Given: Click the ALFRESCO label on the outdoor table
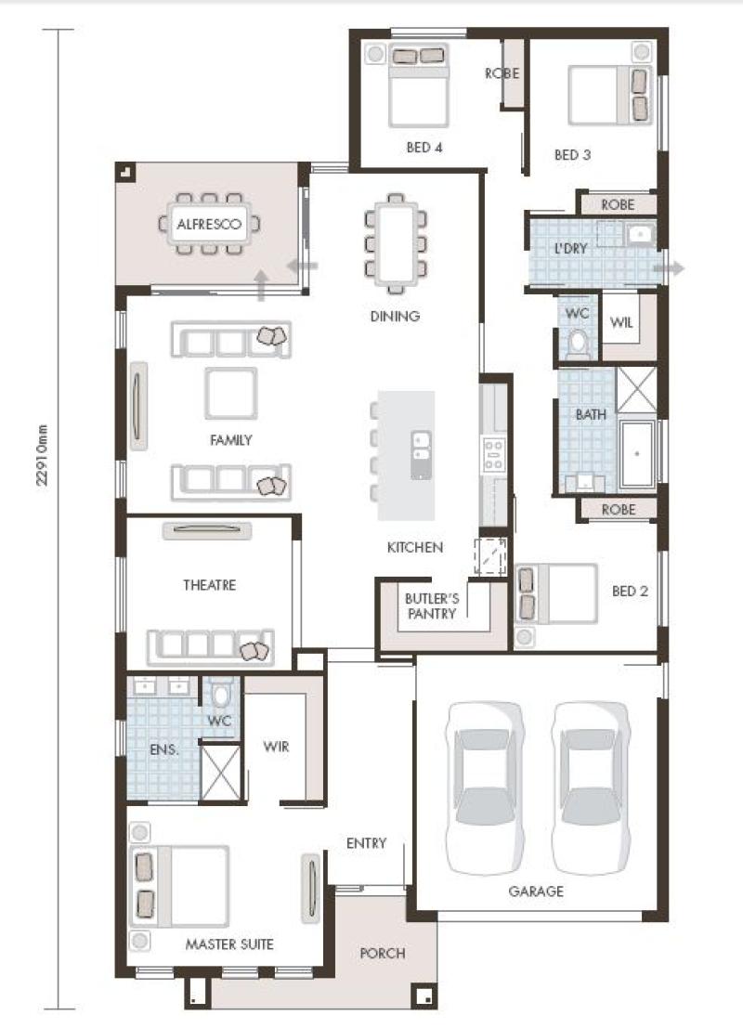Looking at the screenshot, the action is pos(209,224).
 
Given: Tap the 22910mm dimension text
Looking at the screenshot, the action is pos(43,455).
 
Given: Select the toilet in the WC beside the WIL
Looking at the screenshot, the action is pos(578,343).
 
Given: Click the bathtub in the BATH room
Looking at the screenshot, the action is pos(637,454).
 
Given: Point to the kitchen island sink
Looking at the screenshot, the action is pos(421,455).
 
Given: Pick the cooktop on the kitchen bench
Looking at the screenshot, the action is pos(494,455).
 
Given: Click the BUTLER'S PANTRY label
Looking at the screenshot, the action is pos(431,606).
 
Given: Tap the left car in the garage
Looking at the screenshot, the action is pos(485,788).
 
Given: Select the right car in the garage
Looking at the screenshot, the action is pos(591,788).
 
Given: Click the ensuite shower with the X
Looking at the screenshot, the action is pos(220,772).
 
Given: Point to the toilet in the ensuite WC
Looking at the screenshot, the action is pos(221,695).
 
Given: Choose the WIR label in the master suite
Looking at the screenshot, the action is pos(276,746).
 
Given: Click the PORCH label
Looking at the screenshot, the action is pos(383,953).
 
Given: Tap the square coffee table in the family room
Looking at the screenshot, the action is pos(230,394).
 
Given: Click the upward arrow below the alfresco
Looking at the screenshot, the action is pos(261,285).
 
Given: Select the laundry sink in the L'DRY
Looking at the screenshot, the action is pos(637,234).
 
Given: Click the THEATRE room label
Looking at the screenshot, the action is pos(209,585).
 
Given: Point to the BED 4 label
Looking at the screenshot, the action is pos(424,148).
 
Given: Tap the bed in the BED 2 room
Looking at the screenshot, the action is pos(556,593).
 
